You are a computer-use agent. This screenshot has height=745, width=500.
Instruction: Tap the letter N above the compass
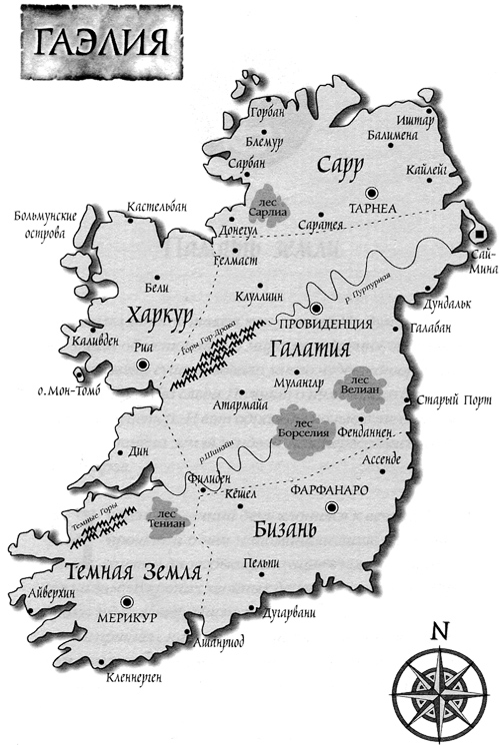[437, 631]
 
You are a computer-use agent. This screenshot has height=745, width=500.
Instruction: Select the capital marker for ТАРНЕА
[373, 192]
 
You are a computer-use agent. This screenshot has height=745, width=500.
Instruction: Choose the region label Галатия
[310, 352]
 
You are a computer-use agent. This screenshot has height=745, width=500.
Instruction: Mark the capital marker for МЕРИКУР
[127, 601]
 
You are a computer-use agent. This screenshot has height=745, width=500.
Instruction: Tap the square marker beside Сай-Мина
[480, 234]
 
